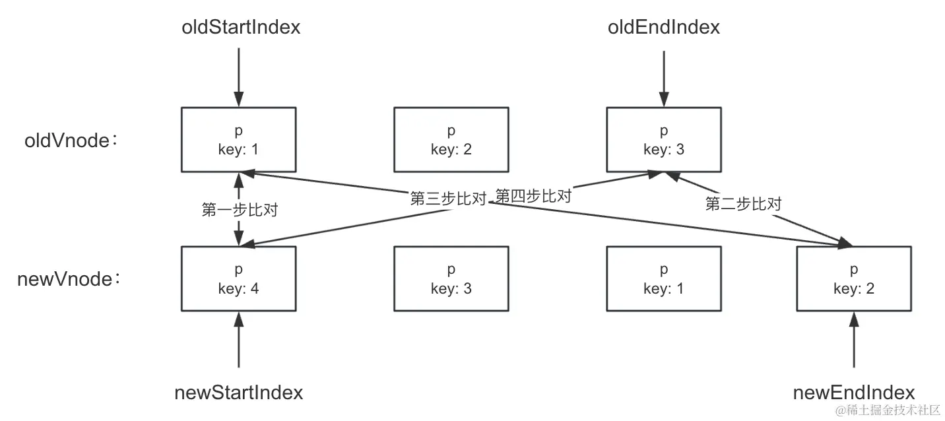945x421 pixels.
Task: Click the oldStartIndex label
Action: click(x=241, y=27)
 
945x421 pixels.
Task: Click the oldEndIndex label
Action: click(x=664, y=27)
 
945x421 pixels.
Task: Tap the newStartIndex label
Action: click(x=239, y=393)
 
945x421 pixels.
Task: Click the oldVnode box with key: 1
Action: click(x=239, y=140)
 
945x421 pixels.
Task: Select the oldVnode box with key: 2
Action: click(x=451, y=140)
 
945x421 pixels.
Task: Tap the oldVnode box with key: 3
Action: click(x=664, y=140)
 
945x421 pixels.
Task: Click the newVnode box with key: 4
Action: click(x=239, y=278)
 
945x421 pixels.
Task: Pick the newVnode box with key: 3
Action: click(x=451, y=278)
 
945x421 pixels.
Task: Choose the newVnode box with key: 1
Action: click(x=664, y=278)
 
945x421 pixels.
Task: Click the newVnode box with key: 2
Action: click(x=854, y=278)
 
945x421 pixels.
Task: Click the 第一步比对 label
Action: click(x=239, y=210)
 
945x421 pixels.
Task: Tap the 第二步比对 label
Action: click(x=743, y=204)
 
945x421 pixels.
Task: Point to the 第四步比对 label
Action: click(x=533, y=196)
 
